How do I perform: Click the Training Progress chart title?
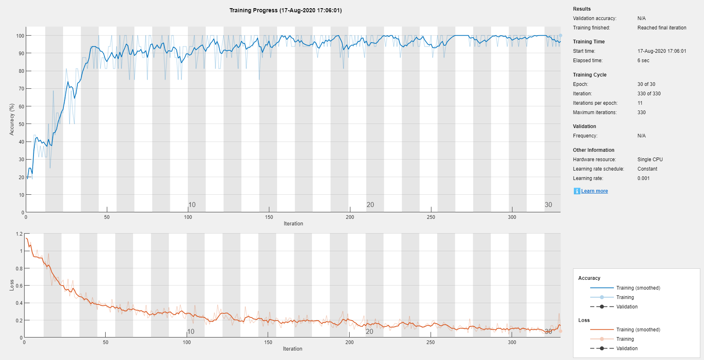click(285, 10)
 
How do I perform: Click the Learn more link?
click(594, 191)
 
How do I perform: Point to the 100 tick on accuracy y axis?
click(20, 36)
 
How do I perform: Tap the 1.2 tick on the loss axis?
click(19, 234)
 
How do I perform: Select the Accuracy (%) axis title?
click(12, 119)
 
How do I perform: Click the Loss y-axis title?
click(12, 285)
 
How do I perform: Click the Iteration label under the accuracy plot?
click(293, 224)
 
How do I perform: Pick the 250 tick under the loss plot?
click(431, 342)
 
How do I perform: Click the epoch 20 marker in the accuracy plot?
click(370, 205)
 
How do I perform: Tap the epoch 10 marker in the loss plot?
click(191, 331)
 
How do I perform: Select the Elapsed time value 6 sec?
click(643, 61)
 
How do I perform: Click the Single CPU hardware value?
click(650, 160)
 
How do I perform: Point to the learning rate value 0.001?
click(643, 178)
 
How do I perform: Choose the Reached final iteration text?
click(661, 28)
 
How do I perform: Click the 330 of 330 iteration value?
click(649, 94)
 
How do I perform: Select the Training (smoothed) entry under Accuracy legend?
click(638, 288)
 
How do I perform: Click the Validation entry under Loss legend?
click(627, 349)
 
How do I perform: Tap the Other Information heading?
click(593, 150)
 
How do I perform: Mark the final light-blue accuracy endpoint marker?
click(560, 36)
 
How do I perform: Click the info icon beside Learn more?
click(577, 191)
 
